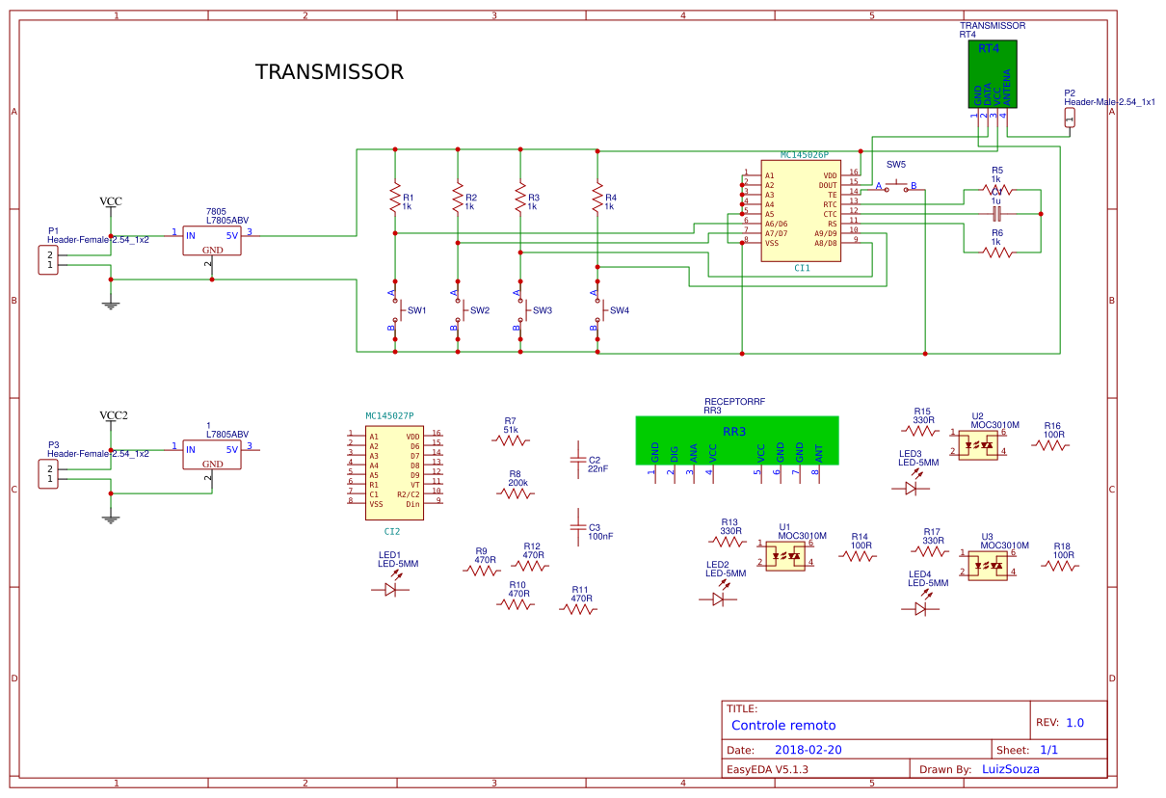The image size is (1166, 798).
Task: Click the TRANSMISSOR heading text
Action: click(x=329, y=72)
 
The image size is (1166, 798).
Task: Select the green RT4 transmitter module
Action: click(x=993, y=74)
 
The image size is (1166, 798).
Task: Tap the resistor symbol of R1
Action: click(x=394, y=199)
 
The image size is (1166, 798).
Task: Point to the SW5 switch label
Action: click(x=896, y=165)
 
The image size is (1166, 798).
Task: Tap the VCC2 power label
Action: click(x=114, y=416)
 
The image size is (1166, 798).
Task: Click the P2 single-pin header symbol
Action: click(x=1069, y=118)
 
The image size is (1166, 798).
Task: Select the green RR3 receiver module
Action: click(x=736, y=439)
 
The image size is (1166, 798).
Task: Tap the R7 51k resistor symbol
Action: click(x=511, y=440)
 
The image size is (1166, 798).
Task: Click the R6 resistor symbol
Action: click(x=997, y=253)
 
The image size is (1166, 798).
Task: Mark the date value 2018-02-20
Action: click(x=808, y=750)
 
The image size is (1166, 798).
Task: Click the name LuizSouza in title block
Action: click(x=1010, y=769)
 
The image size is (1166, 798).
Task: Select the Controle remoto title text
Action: click(x=783, y=726)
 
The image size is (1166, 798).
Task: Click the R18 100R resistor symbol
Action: click(x=1060, y=567)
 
